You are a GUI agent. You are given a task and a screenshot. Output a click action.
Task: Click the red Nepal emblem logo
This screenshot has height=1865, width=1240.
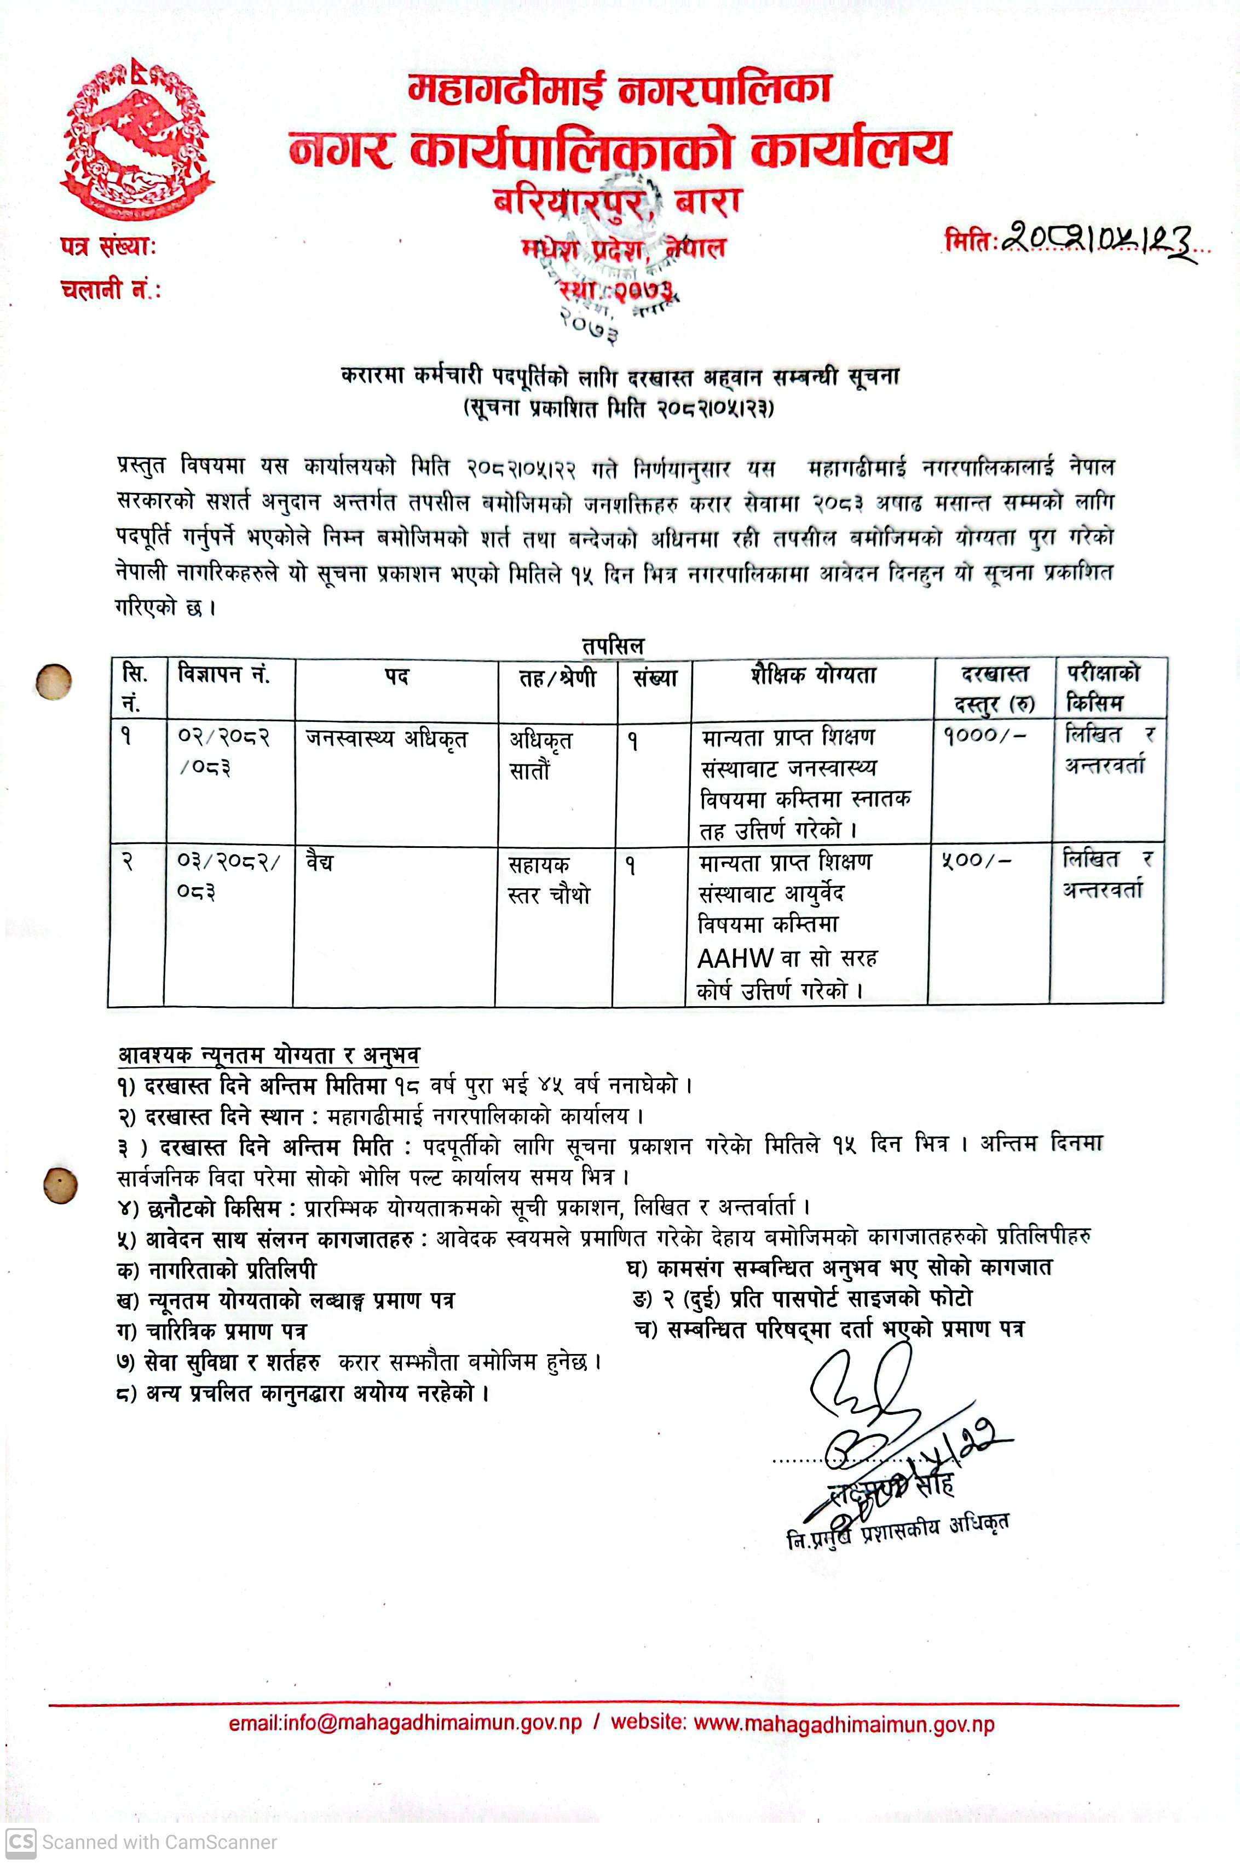(137, 139)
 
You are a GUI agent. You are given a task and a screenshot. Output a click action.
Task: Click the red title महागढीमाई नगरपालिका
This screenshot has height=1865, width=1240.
(619, 89)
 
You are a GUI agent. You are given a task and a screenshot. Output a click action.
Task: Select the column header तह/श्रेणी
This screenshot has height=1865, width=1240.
(557, 678)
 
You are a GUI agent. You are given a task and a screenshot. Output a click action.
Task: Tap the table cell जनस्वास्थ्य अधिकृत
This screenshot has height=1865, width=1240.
(387, 739)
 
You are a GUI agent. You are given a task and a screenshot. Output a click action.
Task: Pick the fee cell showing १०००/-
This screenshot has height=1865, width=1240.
(984, 736)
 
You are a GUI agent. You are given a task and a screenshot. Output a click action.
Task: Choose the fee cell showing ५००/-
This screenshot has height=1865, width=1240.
(976, 860)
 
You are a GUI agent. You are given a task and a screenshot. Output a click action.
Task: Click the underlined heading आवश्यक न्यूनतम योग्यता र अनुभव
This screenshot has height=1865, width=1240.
(269, 1055)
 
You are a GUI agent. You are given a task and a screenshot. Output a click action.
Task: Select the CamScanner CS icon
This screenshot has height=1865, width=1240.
(21, 1842)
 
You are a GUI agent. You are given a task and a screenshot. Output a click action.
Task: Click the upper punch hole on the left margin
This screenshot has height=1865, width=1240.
(55, 681)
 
